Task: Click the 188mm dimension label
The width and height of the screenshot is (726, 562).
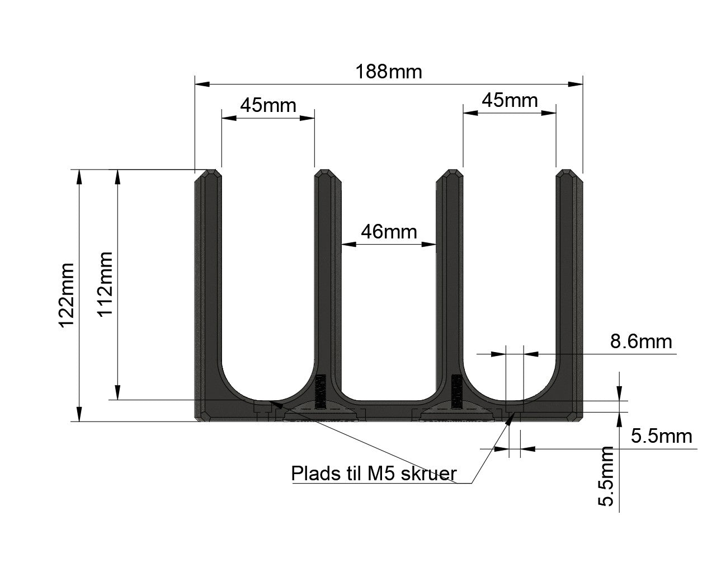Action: point(389,72)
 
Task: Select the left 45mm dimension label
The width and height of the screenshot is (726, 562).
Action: point(268,105)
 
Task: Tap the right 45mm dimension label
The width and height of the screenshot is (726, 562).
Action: point(509,100)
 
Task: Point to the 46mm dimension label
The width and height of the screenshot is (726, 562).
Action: point(389,232)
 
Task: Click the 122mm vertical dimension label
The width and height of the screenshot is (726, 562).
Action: point(66,295)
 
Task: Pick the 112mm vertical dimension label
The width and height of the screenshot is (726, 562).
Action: point(105,284)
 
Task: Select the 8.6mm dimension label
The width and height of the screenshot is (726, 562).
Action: point(641,341)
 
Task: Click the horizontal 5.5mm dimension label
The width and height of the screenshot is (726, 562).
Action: point(661,436)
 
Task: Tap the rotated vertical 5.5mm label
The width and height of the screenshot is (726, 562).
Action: point(606,476)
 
